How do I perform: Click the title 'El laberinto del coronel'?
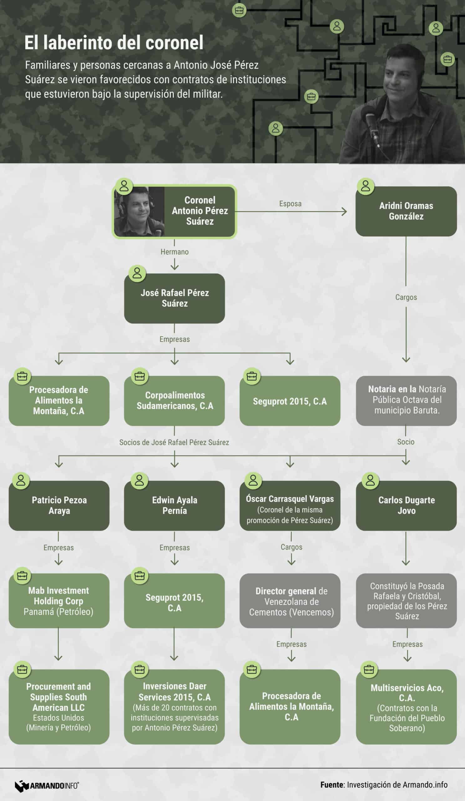tap(114, 43)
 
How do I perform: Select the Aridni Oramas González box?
tap(406, 211)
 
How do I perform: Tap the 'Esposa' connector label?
tap(290, 204)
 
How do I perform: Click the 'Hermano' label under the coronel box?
tap(175, 252)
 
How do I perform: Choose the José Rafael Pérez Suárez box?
tap(175, 298)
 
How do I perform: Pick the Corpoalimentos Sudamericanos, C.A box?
tap(175, 400)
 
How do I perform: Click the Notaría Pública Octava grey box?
tap(406, 400)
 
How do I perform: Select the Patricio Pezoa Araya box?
tap(59, 505)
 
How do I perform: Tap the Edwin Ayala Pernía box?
tap(175, 505)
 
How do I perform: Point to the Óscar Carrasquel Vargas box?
tap(290, 505)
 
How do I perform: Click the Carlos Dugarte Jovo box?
tap(406, 505)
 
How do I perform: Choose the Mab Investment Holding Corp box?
tap(59, 600)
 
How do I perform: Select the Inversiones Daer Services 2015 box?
tap(175, 707)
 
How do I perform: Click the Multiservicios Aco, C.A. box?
tap(406, 707)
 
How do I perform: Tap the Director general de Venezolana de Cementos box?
tap(290, 600)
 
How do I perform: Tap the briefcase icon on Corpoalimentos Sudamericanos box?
tap(140, 376)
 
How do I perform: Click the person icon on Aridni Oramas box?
tap(365, 186)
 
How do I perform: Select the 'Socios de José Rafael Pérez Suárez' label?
tap(174, 442)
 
